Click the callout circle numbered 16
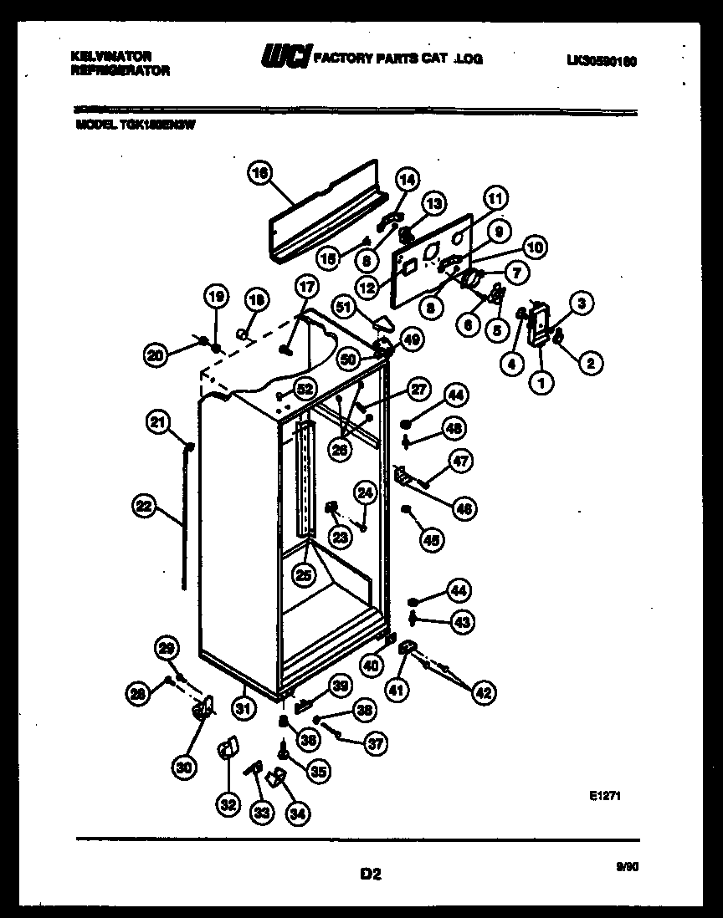tap(259, 173)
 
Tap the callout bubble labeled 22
tap(144, 504)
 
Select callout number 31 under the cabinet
tap(243, 709)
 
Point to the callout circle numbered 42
tap(484, 691)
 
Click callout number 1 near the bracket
tap(541, 383)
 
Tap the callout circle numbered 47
tap(461, 460)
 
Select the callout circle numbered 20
tap(155, 355)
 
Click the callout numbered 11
tap(495, 199)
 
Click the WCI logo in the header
tap(285, 57)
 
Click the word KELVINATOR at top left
tap(111, 56)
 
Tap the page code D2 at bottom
tap(371, 875)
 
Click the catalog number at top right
tap(607, 60)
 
